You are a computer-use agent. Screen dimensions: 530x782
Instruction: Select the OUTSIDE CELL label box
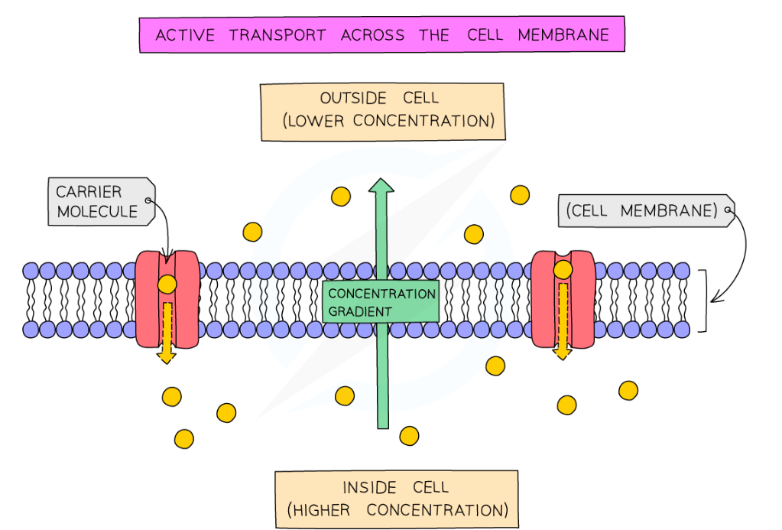(382, 112)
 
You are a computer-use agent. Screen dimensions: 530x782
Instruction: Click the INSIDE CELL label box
(396, 499)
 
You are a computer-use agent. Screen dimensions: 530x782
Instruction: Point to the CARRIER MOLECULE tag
(99, 202)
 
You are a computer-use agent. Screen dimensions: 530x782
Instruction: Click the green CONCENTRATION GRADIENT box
(381, 302)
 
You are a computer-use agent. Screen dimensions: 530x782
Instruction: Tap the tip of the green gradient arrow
(381, 183)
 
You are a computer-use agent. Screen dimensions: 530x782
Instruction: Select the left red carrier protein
(167, 298)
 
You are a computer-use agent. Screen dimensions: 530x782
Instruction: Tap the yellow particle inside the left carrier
(167, 285)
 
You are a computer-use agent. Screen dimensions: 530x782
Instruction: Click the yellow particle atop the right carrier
(563, 269)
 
